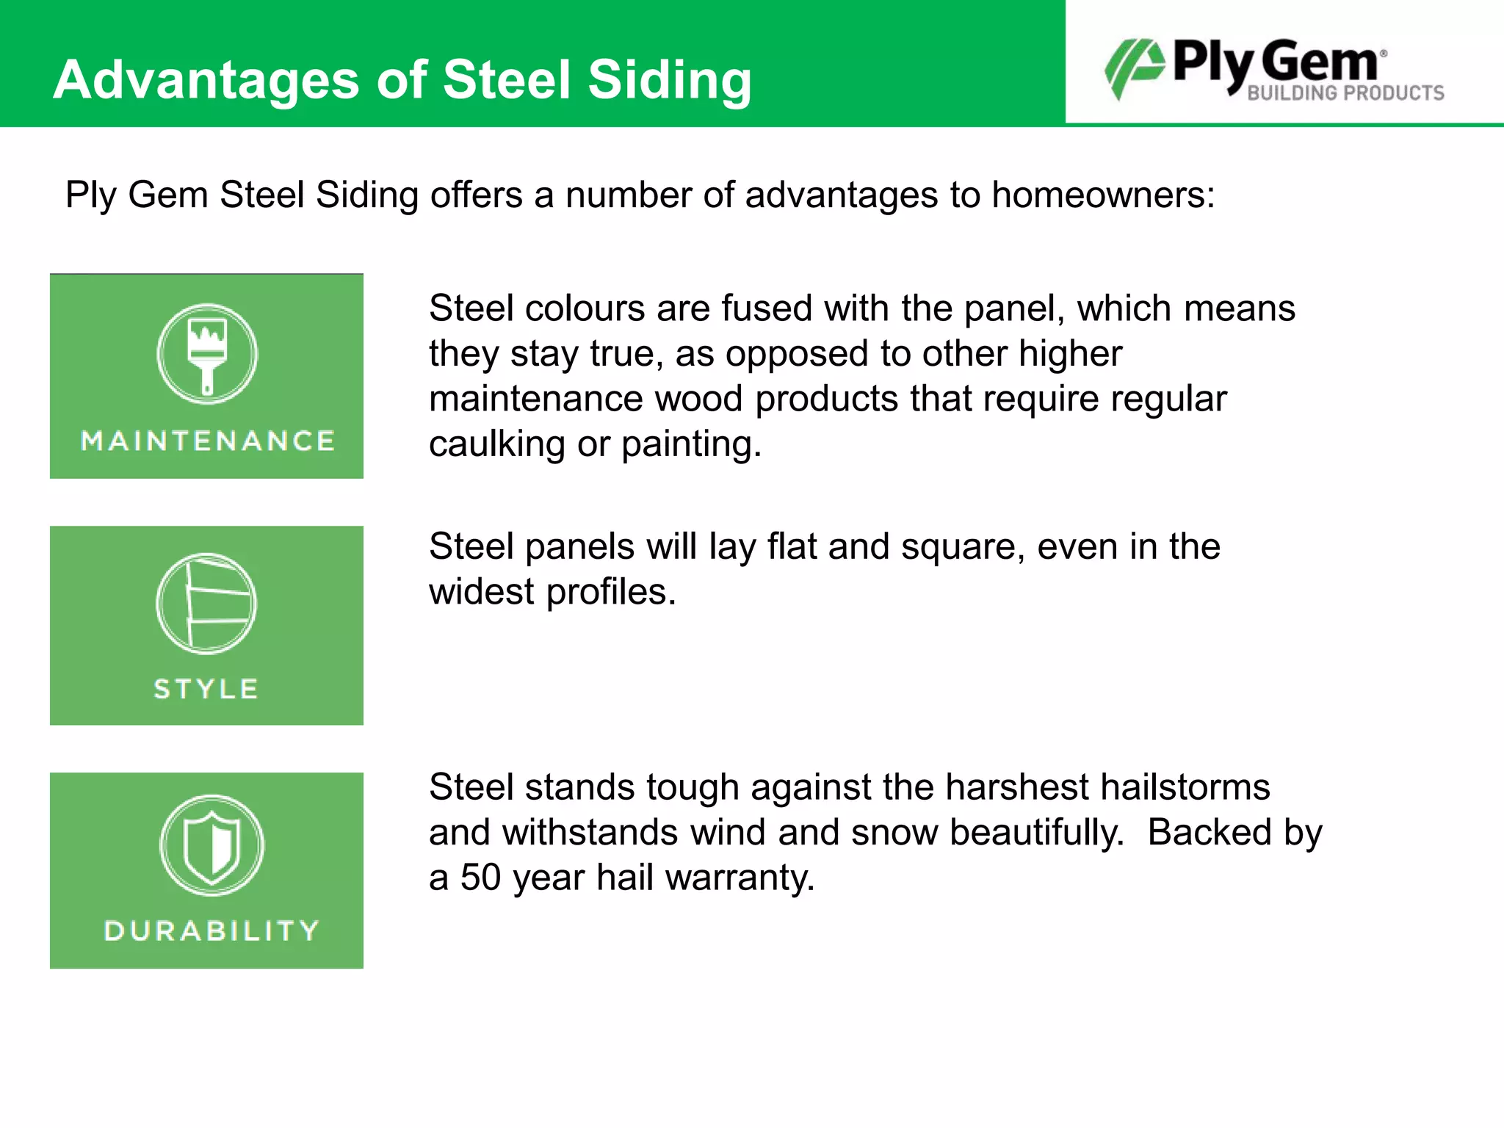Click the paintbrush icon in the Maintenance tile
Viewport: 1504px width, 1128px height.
[207, 355]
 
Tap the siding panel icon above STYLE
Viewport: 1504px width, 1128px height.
[207, 604]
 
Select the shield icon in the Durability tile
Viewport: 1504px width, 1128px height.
[211, 846]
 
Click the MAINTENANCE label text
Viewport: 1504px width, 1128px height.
[207, 441]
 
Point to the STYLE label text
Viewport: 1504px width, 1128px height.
[206, 689]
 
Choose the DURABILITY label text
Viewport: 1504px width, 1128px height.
[211, 930]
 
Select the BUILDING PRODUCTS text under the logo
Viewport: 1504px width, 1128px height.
[1345, 93]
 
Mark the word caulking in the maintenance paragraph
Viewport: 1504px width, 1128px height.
[496, 444]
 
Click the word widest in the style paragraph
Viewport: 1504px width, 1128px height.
[482, 592]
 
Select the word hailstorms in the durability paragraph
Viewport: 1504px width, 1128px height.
[1185, 787]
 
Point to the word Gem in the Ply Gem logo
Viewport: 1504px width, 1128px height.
[1320, 62]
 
